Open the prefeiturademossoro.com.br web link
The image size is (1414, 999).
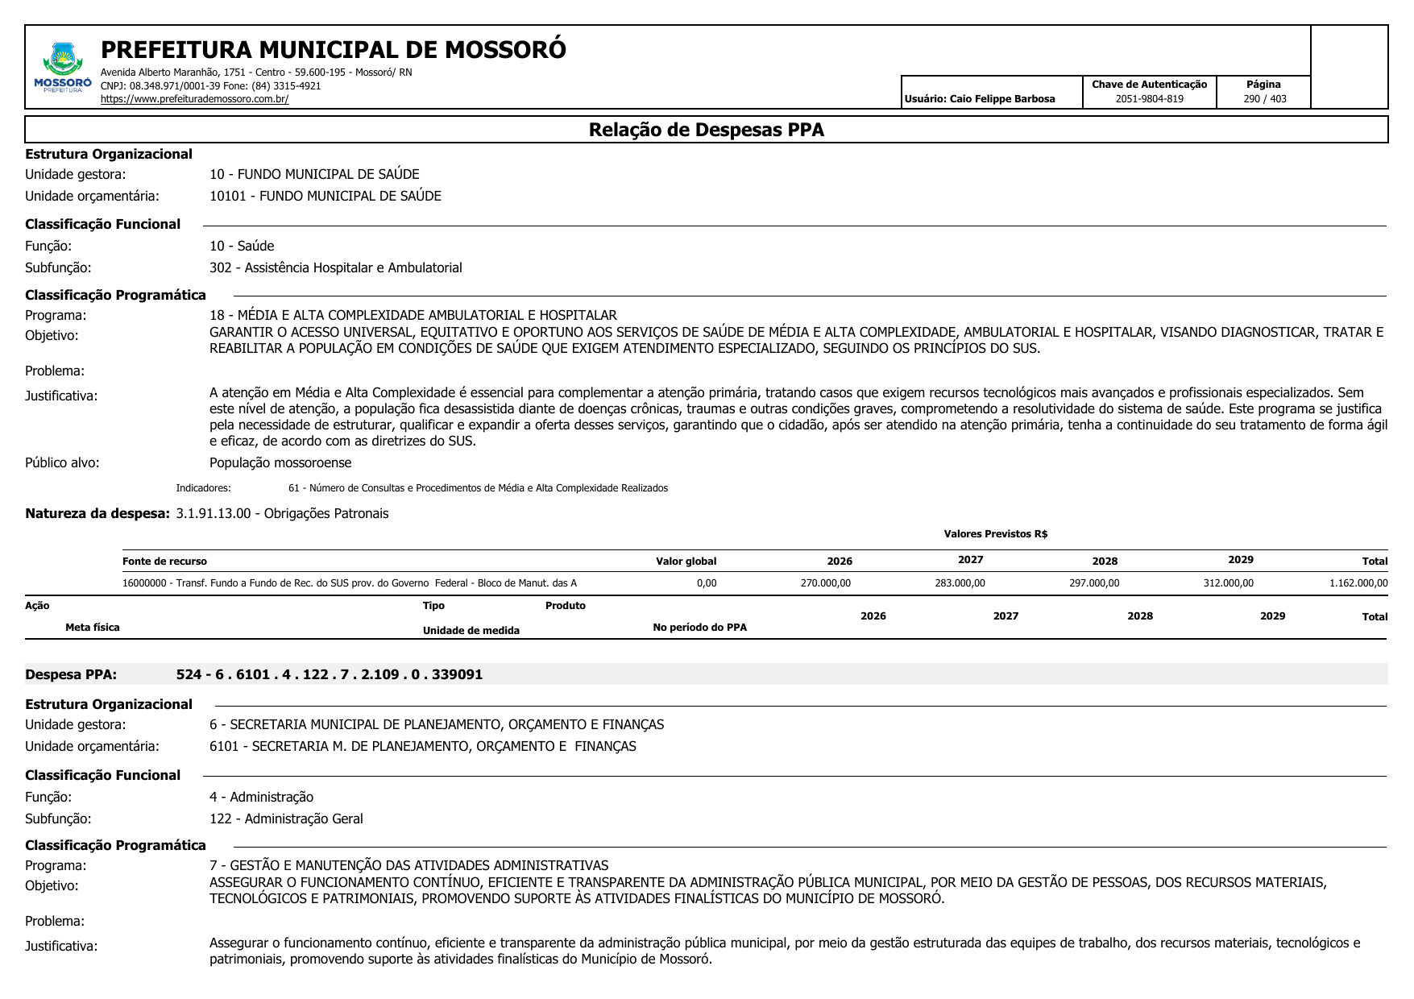click(194, 99)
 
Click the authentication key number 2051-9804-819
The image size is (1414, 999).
click(1149, 99)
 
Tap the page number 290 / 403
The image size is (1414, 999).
click(1264, 99)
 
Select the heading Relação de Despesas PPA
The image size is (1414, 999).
click(706, 130)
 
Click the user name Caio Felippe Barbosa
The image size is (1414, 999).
click(1001, 99)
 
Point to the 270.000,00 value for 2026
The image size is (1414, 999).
click(825, 583)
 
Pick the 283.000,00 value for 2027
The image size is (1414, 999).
click(960, 583)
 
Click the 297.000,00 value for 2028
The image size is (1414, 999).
click(1094, 583)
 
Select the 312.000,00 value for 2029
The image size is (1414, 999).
click(1228, 583)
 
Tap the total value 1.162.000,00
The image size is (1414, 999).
click(1358, 583)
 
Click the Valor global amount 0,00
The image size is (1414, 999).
click(707, 583)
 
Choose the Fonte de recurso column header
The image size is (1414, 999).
click(164, 562)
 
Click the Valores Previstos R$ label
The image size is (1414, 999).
click(995, 534)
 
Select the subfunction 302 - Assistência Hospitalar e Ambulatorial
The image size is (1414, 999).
click(335, 267)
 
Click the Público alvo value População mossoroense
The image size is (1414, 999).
click(280, 462)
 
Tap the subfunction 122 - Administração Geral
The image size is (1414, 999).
click(286, 819)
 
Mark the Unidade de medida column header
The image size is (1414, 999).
click(471, 631)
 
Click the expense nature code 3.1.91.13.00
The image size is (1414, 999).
click(214, 513)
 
